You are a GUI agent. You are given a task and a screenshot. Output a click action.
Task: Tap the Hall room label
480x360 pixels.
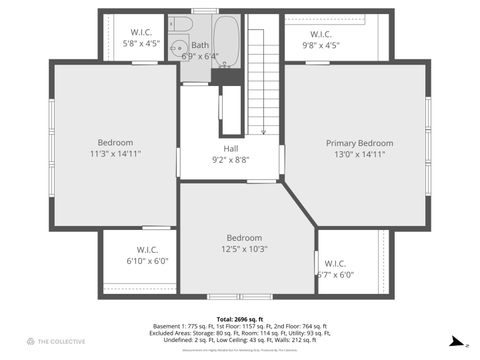coord(231,149)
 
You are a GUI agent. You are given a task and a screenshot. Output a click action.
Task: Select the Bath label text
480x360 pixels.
coord(200,45)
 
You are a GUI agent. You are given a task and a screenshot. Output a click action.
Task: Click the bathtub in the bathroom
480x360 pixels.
coord(227,40)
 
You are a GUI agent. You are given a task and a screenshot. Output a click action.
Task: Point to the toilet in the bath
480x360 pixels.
coord(177,43)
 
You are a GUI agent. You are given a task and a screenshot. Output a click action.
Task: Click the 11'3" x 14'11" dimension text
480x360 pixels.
coord(115,154)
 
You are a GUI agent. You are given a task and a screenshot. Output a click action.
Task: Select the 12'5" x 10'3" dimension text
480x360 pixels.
coord(244,249)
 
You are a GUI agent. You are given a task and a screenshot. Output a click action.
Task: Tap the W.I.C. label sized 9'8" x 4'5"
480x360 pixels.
coord(320,33)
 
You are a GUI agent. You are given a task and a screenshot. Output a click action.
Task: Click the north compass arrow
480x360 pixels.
coord(457,341)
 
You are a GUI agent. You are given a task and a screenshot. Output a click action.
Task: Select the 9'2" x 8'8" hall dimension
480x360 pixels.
coord(231,160)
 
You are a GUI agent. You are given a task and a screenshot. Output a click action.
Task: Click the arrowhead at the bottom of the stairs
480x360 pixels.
coord(263,131)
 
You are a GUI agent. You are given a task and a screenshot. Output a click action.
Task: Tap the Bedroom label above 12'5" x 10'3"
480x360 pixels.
coord(244,238)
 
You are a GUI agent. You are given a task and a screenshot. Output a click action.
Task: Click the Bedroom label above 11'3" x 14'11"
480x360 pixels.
coord(115,143)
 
